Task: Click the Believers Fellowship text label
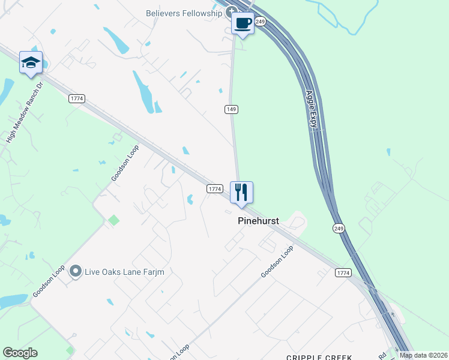tap(184, 13)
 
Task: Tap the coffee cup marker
tap(243, 24)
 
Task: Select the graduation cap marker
tap(31, 62)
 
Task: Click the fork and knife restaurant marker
tap(241, 193)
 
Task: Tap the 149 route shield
tap(232, 109)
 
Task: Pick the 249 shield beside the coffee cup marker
tap(260, 22)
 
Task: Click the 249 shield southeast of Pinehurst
tap(339, 229)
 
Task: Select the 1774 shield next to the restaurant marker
tap(215, 188)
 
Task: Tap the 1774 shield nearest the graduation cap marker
tap(76, 98)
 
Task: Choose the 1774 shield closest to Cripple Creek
tap(343, 273)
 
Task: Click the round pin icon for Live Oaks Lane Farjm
tap(75, 272)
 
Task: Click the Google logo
tap(20, 353)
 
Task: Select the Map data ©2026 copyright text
tap(423, 355)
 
